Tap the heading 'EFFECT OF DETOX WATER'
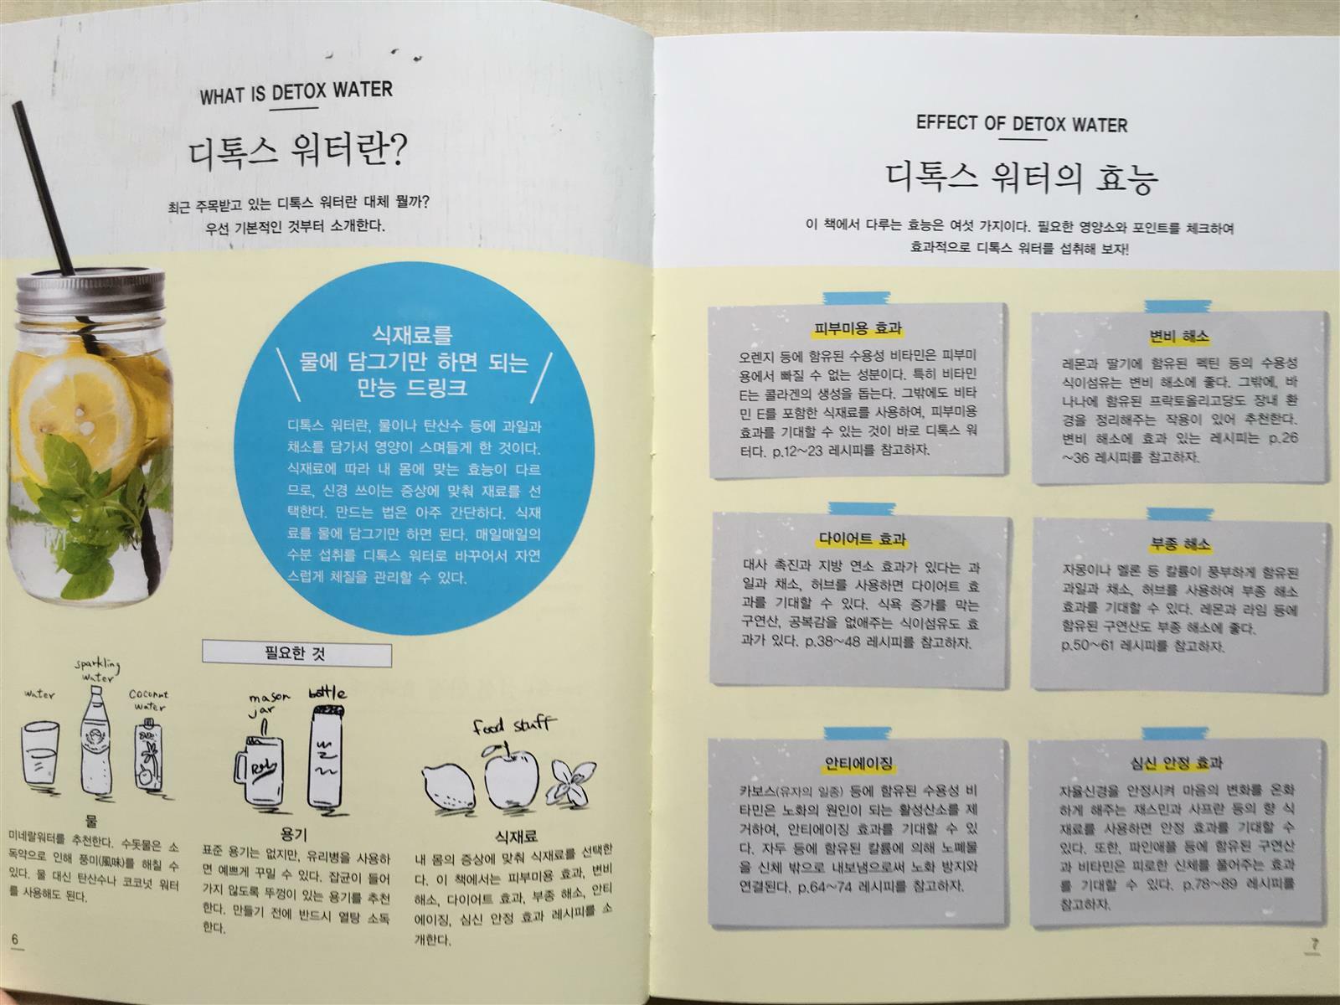pyautogui.click(x=1021, y=124)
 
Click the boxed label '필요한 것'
pyautogui.click(x=296, y=653)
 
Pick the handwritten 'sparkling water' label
pyautogui.click(x=98, y=671)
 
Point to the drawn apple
pyautogui.click(x=512, y=778)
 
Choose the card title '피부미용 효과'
pyautogui.click(x=857, y=329)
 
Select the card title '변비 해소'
pyautogui.click(x=1178, y=336)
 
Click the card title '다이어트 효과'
pyautogui.click(x=862, y=539)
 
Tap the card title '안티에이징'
pyautogui.click(x=858, y=762)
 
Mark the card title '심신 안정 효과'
pyautogui.click(x=1178, y=763)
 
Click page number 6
pyautogui.click(x=15, y=939)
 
